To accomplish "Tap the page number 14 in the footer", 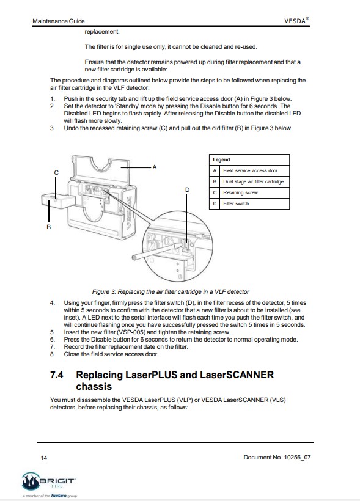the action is (x=44, y=458).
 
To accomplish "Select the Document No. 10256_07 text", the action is (x=277, y=457).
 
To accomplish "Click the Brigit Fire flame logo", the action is (x=31, y=481).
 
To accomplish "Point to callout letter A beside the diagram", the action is (x=155, y=167).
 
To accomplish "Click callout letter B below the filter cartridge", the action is (x=49, y=227).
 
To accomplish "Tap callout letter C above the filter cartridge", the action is (x=56, y=172).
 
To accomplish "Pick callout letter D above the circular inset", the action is (x=188, y=190).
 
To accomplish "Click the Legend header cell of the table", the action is (x=249, y=159).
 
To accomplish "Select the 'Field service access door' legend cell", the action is (x=254, y=170).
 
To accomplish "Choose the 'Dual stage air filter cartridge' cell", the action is (x=254, y=181).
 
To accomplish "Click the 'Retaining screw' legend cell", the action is (x=254, y=192).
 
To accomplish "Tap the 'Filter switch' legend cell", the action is (x=254, y=203).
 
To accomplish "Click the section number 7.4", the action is (x=57, y=375).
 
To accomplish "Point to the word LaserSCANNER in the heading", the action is (x=237, y=375).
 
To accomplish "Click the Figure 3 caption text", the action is (x=171, y=291).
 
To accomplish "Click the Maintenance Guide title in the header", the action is (x=59, y=21).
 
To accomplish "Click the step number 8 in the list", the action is (x=52, y=354).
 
